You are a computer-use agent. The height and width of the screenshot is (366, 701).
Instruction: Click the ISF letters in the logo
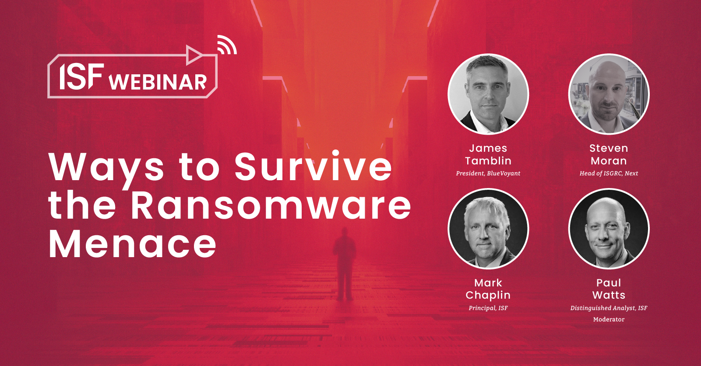click(82, 76)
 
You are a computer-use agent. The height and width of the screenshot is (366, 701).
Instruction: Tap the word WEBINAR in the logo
click(158, 82)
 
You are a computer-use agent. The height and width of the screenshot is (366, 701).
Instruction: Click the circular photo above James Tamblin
click(488, 94)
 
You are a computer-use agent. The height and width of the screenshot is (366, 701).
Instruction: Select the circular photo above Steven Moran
click(609, 94)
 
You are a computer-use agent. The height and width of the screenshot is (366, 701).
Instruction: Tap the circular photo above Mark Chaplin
click(488, 228)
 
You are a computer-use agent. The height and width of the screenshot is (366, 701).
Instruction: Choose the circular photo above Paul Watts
click(609, 228)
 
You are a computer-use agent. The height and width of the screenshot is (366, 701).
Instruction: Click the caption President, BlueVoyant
click(488, 174)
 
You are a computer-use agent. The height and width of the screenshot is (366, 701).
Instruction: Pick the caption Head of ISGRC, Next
click(609, 174)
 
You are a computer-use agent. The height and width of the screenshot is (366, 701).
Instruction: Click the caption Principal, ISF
click(488, 308)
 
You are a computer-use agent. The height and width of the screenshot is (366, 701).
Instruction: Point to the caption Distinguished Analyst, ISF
click(609, 308)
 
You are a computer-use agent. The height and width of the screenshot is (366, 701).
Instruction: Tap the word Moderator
click(609, 319)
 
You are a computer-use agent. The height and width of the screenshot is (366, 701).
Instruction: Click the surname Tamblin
click(488, 160)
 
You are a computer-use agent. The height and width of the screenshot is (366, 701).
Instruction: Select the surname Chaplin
click(488, 295)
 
